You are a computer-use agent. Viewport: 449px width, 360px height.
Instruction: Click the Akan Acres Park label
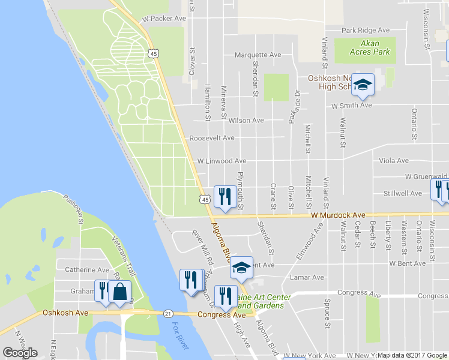(370, 47)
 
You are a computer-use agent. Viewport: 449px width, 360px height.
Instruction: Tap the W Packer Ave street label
(164, 19)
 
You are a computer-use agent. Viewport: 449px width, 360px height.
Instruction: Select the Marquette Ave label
(258, 55)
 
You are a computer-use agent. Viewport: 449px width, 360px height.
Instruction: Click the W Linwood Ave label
(221, 161)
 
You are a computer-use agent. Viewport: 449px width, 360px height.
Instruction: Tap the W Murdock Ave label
(338, 215)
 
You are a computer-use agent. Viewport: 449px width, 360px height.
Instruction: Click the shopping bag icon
(120, 292)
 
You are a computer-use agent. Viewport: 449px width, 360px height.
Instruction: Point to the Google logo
(20, 353)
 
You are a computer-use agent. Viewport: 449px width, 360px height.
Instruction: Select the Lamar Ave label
(307, 278)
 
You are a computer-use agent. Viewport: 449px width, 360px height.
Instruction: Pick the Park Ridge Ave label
(365, 31)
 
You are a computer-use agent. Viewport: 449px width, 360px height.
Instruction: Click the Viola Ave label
(394, 161)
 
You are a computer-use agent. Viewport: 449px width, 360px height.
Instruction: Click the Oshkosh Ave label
(65, 313)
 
